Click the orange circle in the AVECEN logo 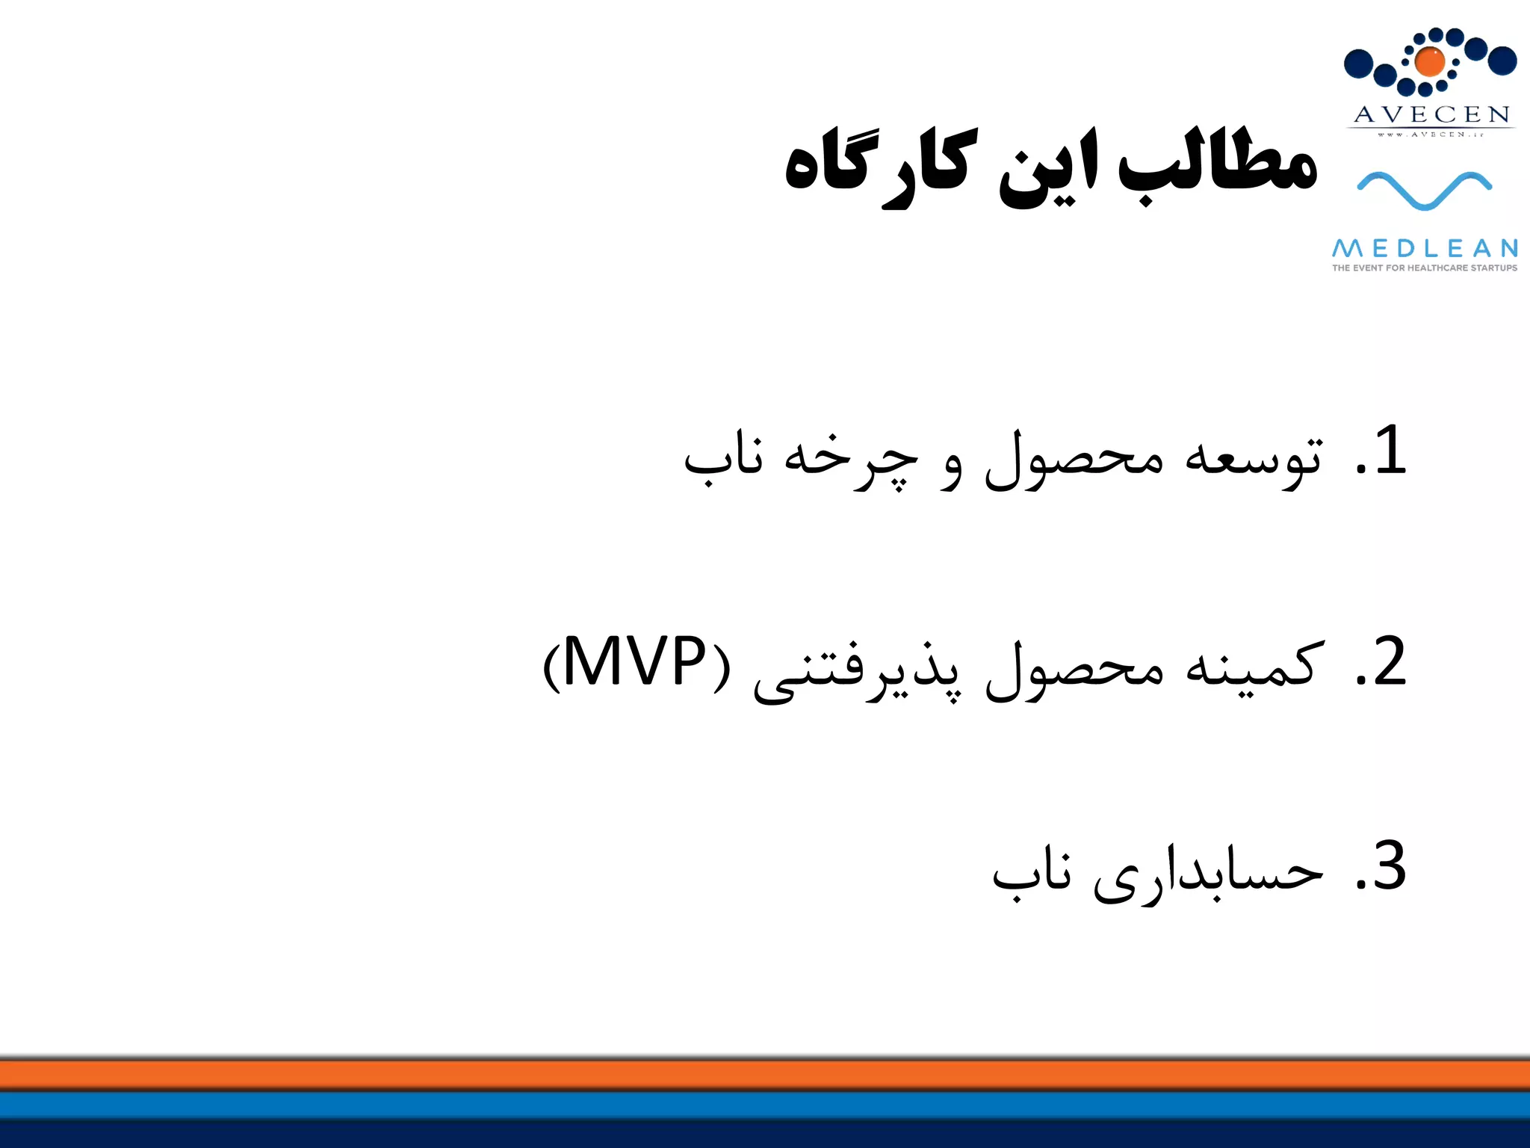[x=1429, y=61]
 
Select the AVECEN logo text [x=1431, y=114]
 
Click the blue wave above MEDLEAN [x=1424, y=190]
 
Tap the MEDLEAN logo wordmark [x=1425, y=248]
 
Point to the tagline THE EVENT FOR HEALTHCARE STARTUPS [x=1425, y=268]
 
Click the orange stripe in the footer [x=765, y=1076]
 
